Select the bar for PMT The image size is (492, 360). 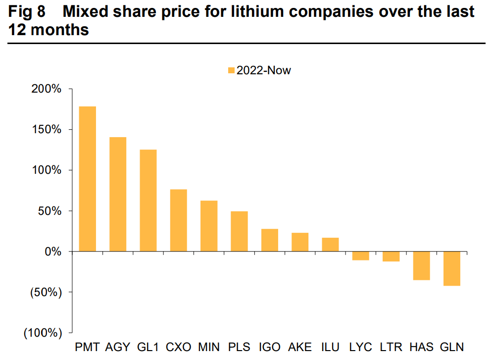[88, 179]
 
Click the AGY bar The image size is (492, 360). [118, 194]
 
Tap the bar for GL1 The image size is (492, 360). [148, 201]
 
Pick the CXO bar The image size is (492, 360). [179, 220]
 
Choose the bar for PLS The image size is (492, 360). [239, 231]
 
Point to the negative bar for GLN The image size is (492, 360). [452, 268]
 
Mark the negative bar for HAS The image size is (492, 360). [422, 266]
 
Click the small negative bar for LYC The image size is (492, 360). [361, 256]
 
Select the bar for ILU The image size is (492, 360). [331, 245]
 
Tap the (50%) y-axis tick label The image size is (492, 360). [46, 292]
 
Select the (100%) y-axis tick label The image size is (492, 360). [43, 333]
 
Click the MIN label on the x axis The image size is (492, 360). [209, 347]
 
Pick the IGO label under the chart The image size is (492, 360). [270, 347]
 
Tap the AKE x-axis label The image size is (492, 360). [300, 347]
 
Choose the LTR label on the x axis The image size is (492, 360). [391, 347]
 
